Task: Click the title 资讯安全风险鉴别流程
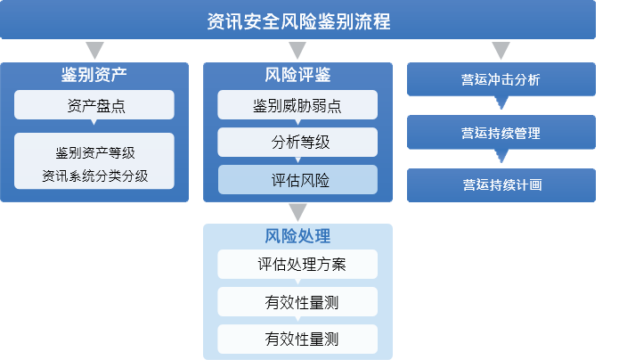click(x=298, y=21)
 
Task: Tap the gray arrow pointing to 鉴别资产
click(x=94, y=50)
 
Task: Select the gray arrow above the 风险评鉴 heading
click(x=297, y=50)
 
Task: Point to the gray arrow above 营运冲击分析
click(x=501, y=50)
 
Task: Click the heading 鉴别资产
click(x=94, y=75)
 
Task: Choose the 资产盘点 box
click(x=94, y=105)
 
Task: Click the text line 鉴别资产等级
click(x=95, y=153)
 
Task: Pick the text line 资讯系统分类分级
click(x=95, y=176)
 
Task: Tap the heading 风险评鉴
click(x=297, y=75)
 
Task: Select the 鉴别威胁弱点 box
click(x=297, y=105)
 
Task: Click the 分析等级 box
click(x=297, y=143)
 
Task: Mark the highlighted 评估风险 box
click(x=297, y=180)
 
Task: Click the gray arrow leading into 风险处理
click(x=297, y=212)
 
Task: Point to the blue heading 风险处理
click(x=297, y=236)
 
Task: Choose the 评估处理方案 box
click(x=297, y=264)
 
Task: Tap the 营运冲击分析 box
click(x=501, y=79)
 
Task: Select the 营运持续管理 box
click(x=501, y=132)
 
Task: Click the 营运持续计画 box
click(x=501, y=185)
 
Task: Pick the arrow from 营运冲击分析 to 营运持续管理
click(x=501, y=102)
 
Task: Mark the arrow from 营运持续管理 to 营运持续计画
click(x=501, y=156)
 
